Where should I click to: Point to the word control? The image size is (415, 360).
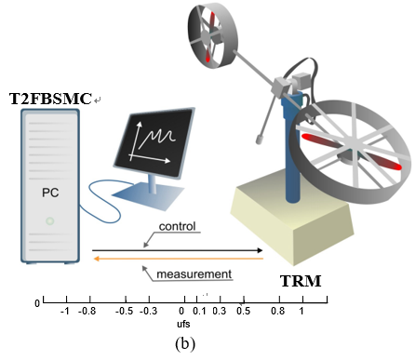coord(178,226)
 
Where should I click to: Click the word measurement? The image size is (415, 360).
coord(193,274)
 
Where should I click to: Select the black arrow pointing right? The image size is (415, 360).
coord(176,249)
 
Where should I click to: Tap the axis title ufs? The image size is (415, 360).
coord(182,326)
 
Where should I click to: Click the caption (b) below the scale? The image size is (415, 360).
coord(184,343)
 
